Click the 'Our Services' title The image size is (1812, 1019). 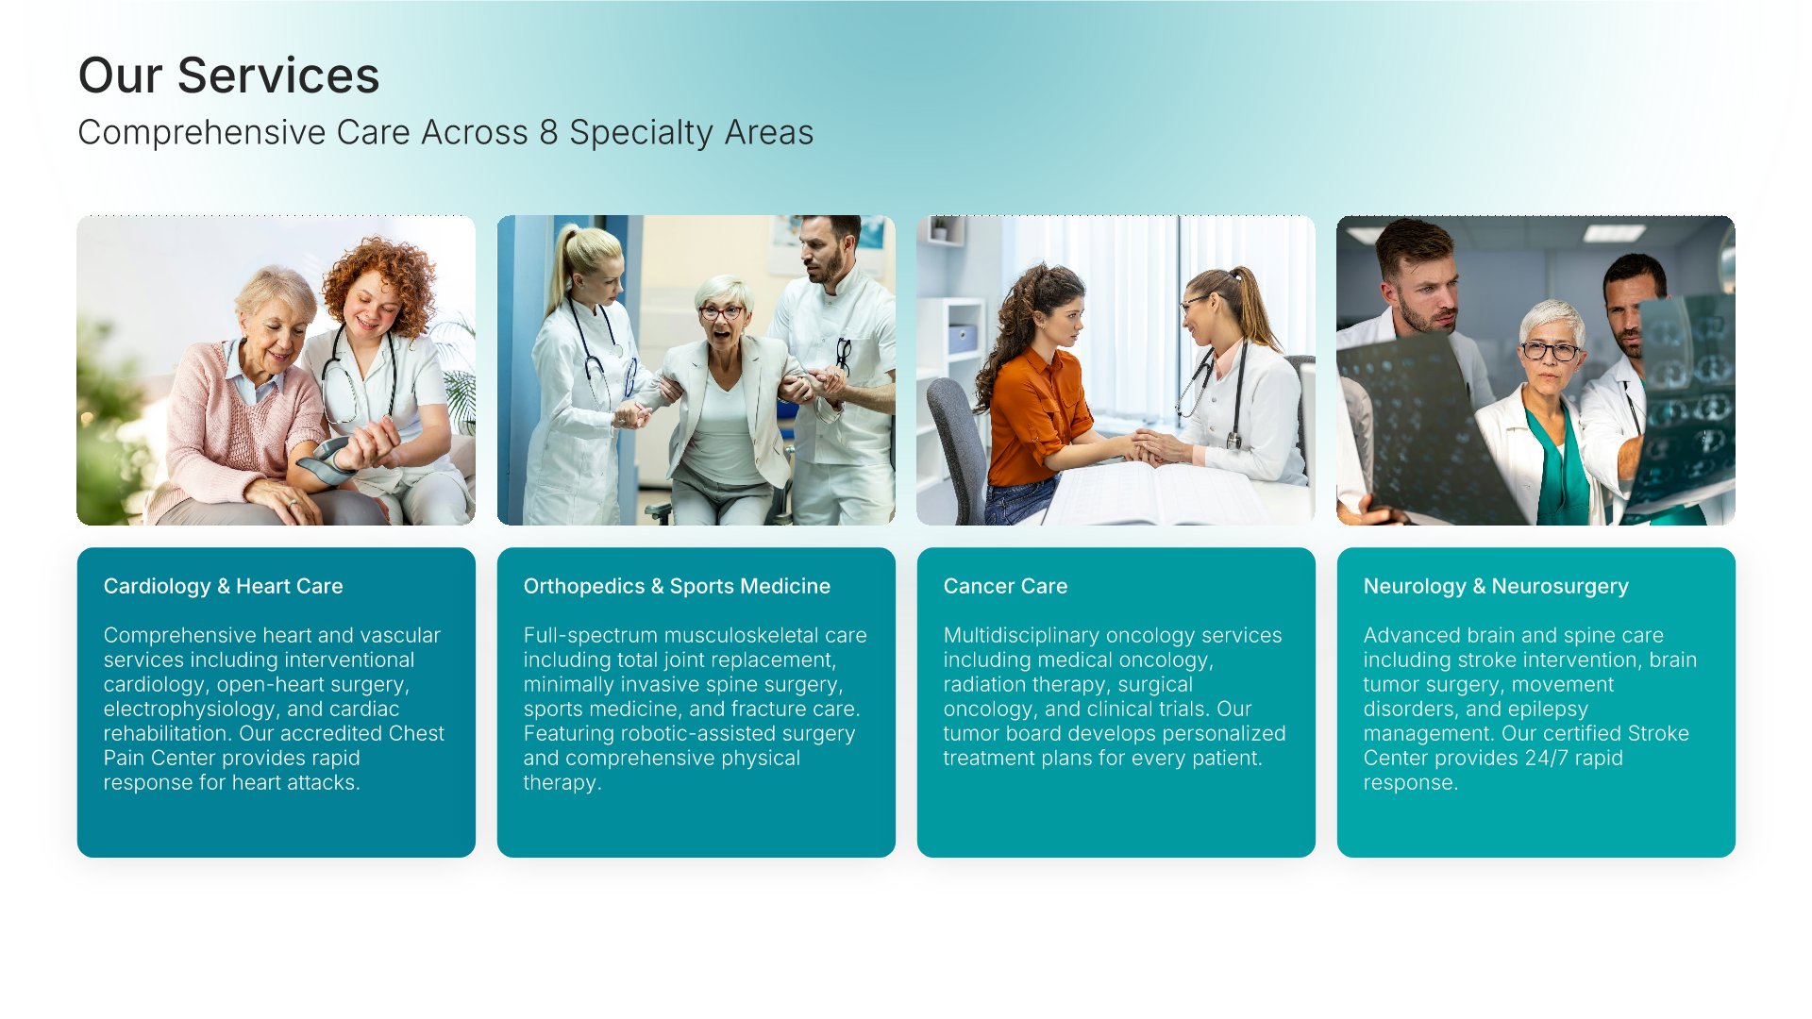pyautogui.click(x=228, y=75)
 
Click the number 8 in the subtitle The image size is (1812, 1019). pyautogui.click(x=548, y=133)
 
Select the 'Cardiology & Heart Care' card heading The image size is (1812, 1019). pyautogui.click(x=223, y=586)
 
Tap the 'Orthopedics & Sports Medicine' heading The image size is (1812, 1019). pyautogui.click(x=677, y=586)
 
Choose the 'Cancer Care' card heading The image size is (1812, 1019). pyautogui.click(x=1005, y=586)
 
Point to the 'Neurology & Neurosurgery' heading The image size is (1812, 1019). pyautogui.click(x=1496, y=586)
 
